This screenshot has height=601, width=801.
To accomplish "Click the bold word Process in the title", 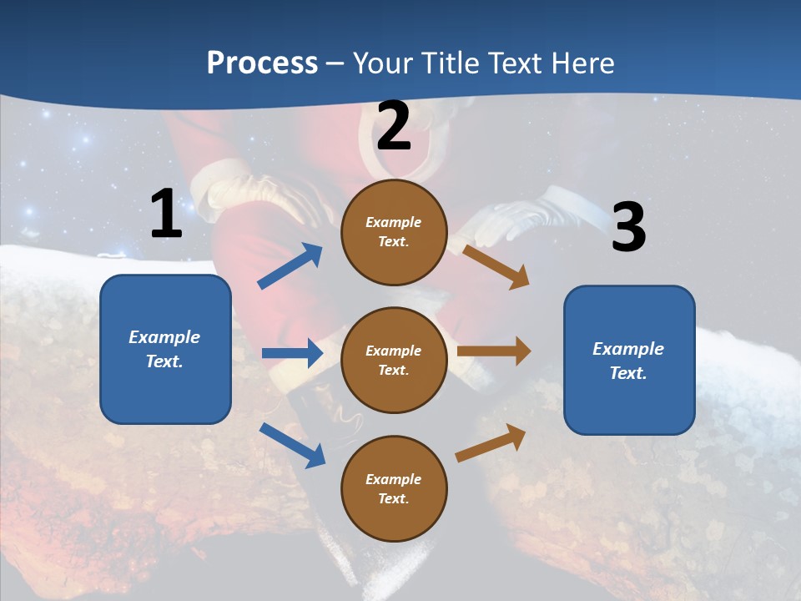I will click(x=262, y=63).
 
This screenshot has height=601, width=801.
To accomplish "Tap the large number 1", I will click(x=166, y=215).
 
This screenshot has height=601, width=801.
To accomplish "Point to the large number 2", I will click(x=394, y=126).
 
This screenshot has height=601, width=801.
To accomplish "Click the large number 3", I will click(x=628, y=228).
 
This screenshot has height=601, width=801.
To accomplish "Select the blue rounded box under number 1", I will click(x=165, y=349).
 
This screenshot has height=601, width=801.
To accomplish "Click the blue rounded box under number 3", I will click(x=629, y=361).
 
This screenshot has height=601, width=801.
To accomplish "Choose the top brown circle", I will click(x=394, y=232).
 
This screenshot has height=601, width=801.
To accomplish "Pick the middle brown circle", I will click(x=394, y=360).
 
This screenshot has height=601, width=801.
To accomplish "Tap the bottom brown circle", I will click(x=394, y=488).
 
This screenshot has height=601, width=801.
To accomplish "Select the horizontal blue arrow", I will click(x=292, y=353).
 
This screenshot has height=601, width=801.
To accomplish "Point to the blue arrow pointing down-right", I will click(x=292, y=445).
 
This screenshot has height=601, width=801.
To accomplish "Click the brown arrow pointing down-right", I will click(x=496, y=266).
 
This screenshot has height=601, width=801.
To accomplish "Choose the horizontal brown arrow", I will click(x=494, y=351).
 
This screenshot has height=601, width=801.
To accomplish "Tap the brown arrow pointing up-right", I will click(x=491, y=442).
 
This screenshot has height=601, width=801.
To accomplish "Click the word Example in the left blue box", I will click(x=164, y=337).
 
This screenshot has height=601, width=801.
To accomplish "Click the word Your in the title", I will click(x=379, y=63).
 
